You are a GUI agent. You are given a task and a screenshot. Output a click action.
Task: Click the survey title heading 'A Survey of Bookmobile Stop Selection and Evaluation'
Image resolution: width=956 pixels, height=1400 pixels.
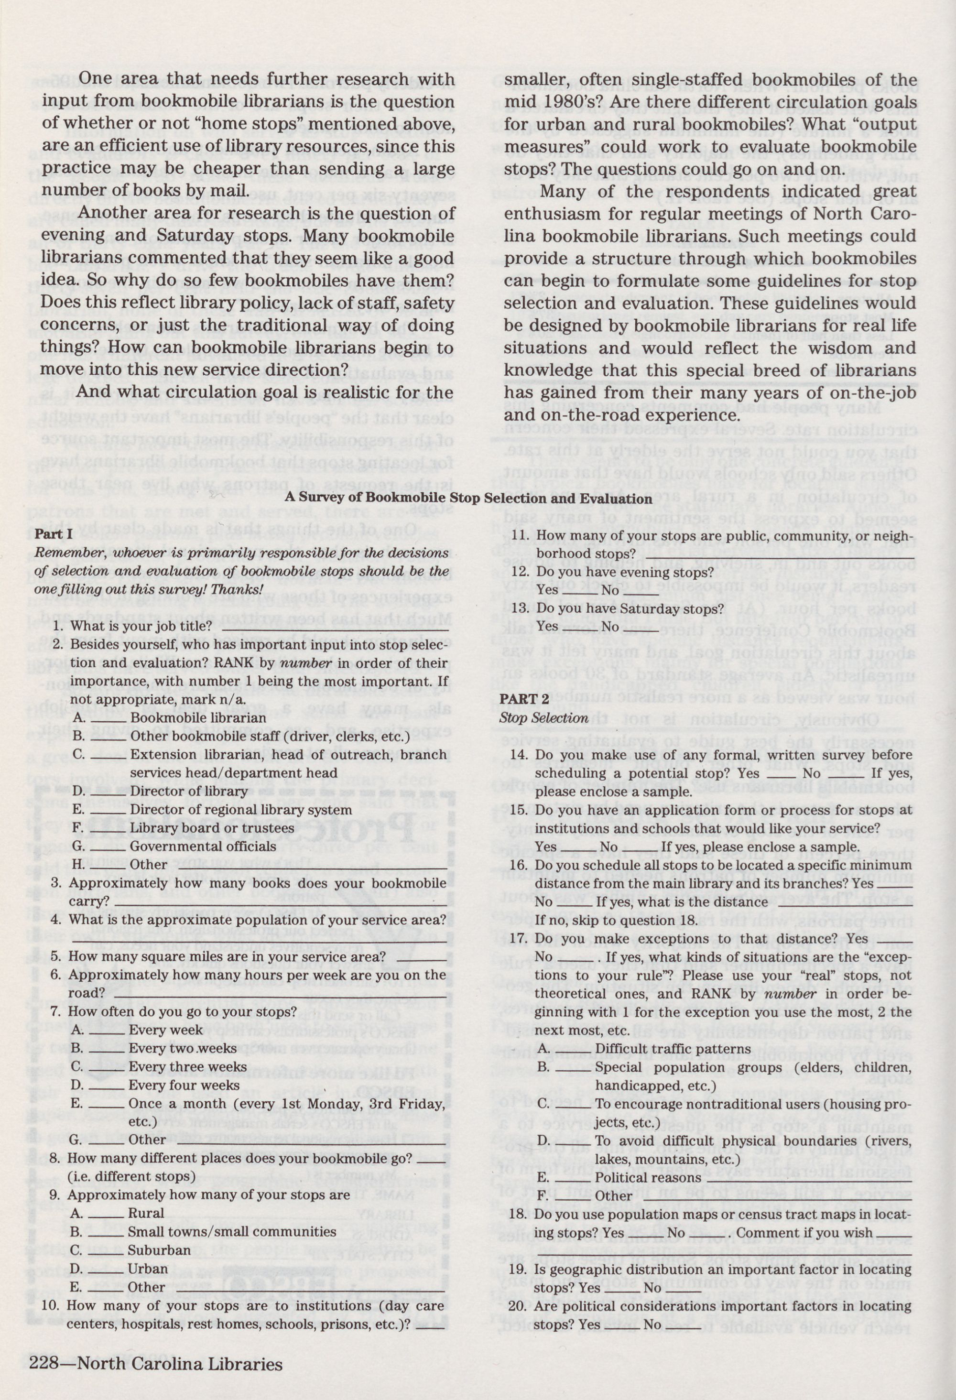pos(468,499)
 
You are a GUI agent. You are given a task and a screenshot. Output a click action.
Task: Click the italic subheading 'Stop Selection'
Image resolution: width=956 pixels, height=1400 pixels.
pos(543,718)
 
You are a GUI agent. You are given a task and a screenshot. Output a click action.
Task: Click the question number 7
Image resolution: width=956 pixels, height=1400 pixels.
pos(56,1011)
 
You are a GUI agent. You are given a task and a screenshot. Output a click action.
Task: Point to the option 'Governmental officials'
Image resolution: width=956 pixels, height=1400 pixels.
pos(203,847)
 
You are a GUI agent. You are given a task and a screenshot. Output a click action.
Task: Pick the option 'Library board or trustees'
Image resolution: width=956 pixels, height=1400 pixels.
pos(212,828)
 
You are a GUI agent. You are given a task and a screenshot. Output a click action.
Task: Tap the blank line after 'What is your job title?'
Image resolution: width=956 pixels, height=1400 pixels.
pos(334,627)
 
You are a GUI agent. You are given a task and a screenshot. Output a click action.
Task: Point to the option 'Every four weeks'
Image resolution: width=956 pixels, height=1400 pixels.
pos(184,1085)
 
